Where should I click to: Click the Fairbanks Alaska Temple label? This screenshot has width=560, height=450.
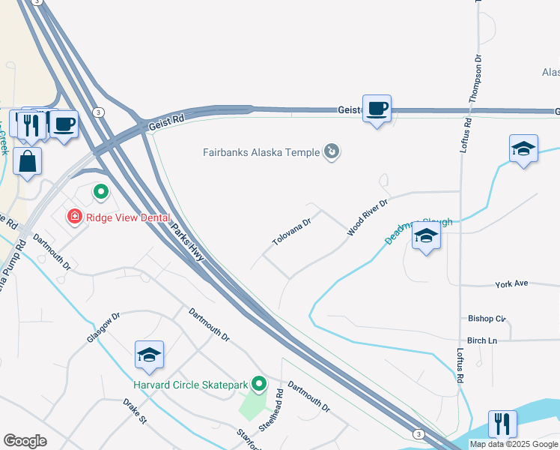coord(262,152)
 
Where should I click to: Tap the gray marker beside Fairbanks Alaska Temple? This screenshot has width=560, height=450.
coord(332,152)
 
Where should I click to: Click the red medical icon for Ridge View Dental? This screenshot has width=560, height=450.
coord(74,217)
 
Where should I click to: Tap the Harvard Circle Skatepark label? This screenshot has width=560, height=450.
coord(190,385)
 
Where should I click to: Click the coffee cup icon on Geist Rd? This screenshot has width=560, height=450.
coord(377,109)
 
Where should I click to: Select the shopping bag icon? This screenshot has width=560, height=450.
coord(27,161)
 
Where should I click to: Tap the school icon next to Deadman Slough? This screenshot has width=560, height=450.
coord(426,237)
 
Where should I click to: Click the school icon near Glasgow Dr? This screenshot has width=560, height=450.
coord(149,355)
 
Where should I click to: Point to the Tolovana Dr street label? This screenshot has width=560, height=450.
coord(291,233)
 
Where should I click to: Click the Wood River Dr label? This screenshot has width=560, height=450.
coord(367,218)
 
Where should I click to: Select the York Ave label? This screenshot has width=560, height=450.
coord(511,284)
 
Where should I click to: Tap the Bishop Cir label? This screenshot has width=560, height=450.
coord(487,318)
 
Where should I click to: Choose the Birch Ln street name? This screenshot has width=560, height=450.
coord(481,340)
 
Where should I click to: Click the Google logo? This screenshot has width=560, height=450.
coord(25,440)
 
